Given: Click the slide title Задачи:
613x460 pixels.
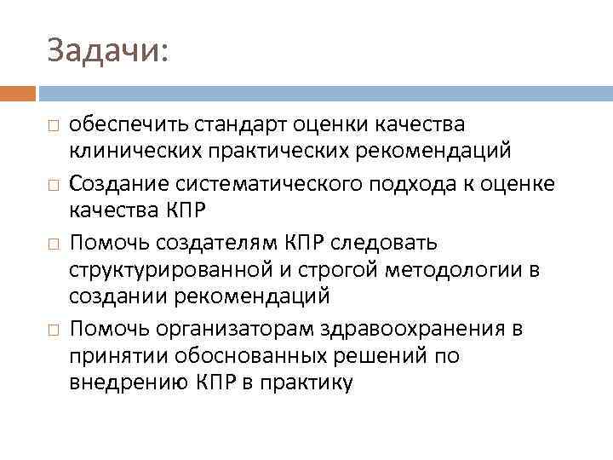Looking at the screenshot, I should click(109, 50).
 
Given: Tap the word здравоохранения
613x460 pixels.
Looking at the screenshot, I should click(420, 328).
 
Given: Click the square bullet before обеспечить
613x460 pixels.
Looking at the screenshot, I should click(53, 126).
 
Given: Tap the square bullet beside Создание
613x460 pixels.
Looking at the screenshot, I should click(53, 185).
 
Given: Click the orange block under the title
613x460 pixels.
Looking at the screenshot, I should click(18, 93).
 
